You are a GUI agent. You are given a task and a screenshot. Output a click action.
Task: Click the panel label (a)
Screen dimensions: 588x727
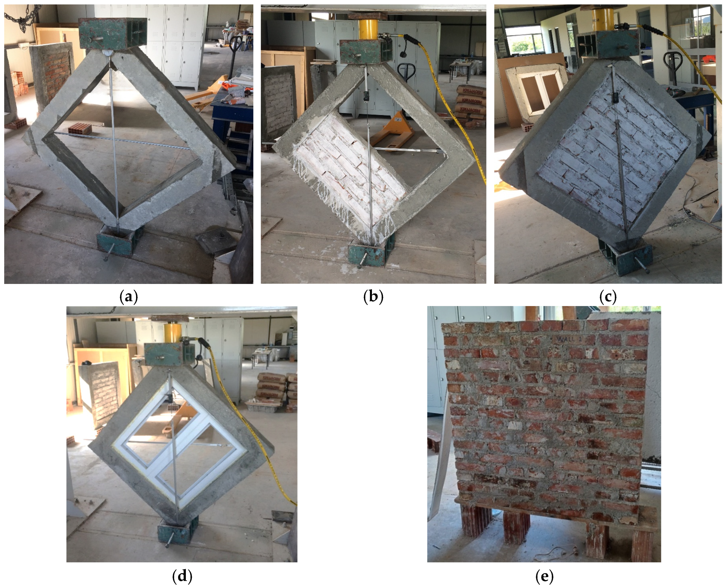click(x=129, y=297)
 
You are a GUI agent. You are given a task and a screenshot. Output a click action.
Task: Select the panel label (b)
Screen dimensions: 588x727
click(x=373, y=297)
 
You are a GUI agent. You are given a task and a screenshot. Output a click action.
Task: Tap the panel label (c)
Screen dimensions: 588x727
click(x=608, y=297)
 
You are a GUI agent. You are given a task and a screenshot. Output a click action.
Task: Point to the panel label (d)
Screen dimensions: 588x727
click(x=182, y=576)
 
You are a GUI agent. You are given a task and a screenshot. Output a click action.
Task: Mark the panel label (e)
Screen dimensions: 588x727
click(x=544, y=576)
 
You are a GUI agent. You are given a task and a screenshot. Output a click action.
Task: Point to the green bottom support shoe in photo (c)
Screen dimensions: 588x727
click(x=630, y=259)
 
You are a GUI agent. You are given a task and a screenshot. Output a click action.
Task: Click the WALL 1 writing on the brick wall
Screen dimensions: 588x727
click(x=569, y=339)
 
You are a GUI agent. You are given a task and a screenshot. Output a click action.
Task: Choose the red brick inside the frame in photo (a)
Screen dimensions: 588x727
click(x=80, y=129)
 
